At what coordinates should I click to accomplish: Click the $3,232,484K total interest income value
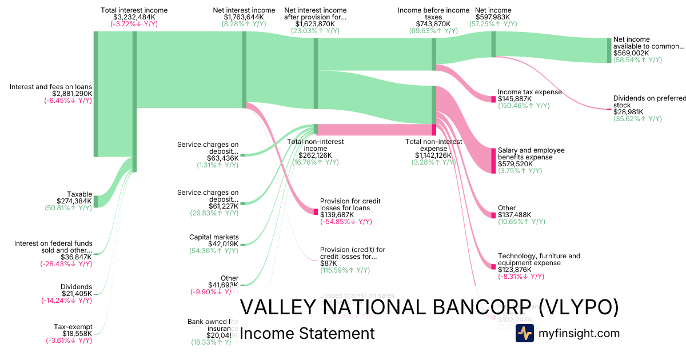(x=134, y=17)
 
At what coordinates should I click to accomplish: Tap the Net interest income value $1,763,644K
(x=244, y=17)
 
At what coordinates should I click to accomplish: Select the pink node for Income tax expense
(x=493, y=99)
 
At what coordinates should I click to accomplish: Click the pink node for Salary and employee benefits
(x=493, y=161)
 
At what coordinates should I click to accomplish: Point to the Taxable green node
(x=96, y=201)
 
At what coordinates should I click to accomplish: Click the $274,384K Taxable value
(x=74, y=201)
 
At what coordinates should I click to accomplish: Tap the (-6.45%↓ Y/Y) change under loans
(x=68, y=101)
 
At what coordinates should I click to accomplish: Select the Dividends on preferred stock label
(x=648, y=102)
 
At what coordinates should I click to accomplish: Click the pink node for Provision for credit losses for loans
(x=316, y=211)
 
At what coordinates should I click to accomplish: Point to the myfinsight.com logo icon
(x=524, y=333)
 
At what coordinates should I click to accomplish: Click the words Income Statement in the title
(x=307, y=333)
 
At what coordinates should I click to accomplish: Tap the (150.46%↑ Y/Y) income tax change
(x=524, y=106)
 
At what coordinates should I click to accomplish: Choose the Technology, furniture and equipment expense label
(x=539, y=259)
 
